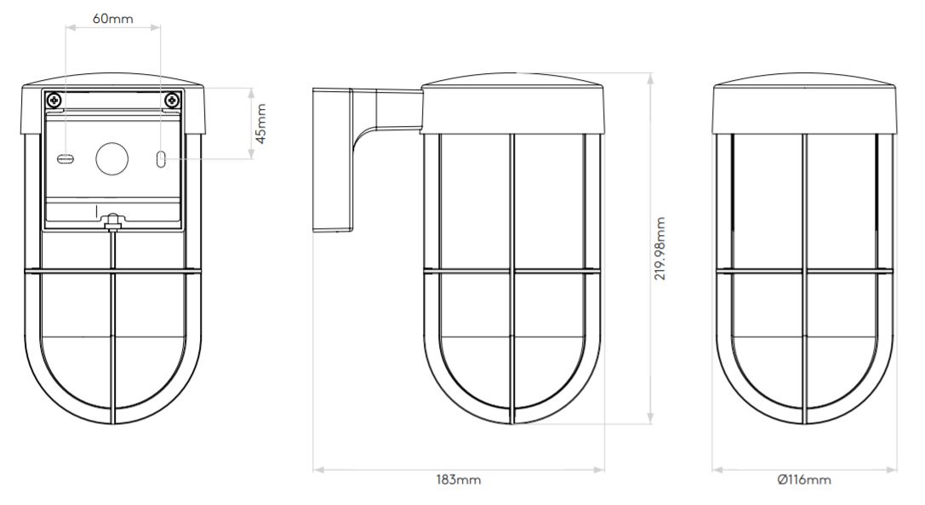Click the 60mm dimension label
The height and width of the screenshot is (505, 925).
(113, 18)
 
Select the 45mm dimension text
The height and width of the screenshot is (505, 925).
(262, 124)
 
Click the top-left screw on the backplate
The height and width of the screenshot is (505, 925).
(54, 100)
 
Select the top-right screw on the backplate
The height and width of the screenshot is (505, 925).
(172, 100)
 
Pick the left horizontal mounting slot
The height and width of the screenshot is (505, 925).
(66, 159)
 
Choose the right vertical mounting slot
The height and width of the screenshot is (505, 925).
(161, 159)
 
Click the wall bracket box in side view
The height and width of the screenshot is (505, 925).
(333, 159)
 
